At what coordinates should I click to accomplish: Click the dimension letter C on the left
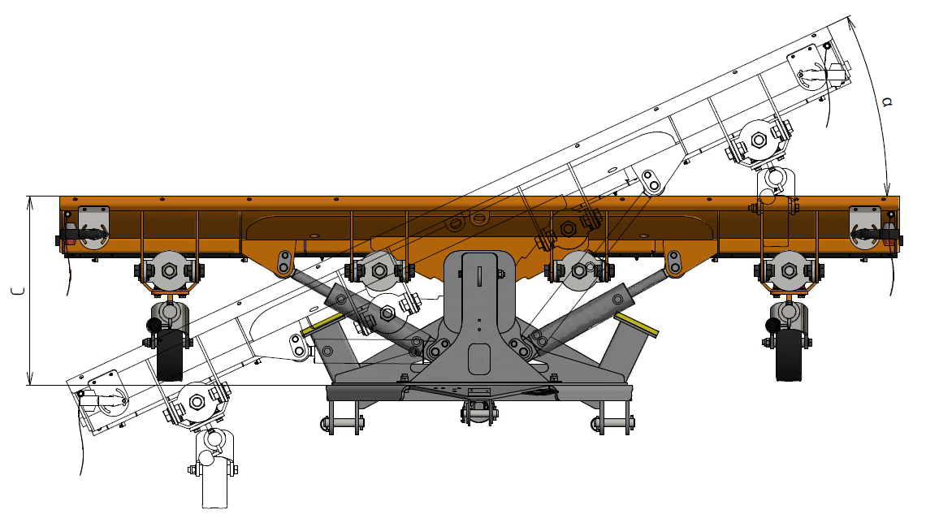pyautogui.click(x=19, y=291)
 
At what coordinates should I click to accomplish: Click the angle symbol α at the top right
pyautogui.click(x=886, y=102)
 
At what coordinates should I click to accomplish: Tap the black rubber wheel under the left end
pyautogui.click(x=170, y=355)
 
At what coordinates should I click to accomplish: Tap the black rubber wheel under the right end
pyautogui.click(x=789, y=355)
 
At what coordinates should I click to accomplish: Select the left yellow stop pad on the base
pyautogui.click(x=322, y=324)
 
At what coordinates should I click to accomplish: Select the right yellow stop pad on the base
pyautogui.click(x=636, y=324)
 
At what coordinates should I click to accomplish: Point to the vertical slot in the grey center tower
pyautogui.click(x=479, y=276)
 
